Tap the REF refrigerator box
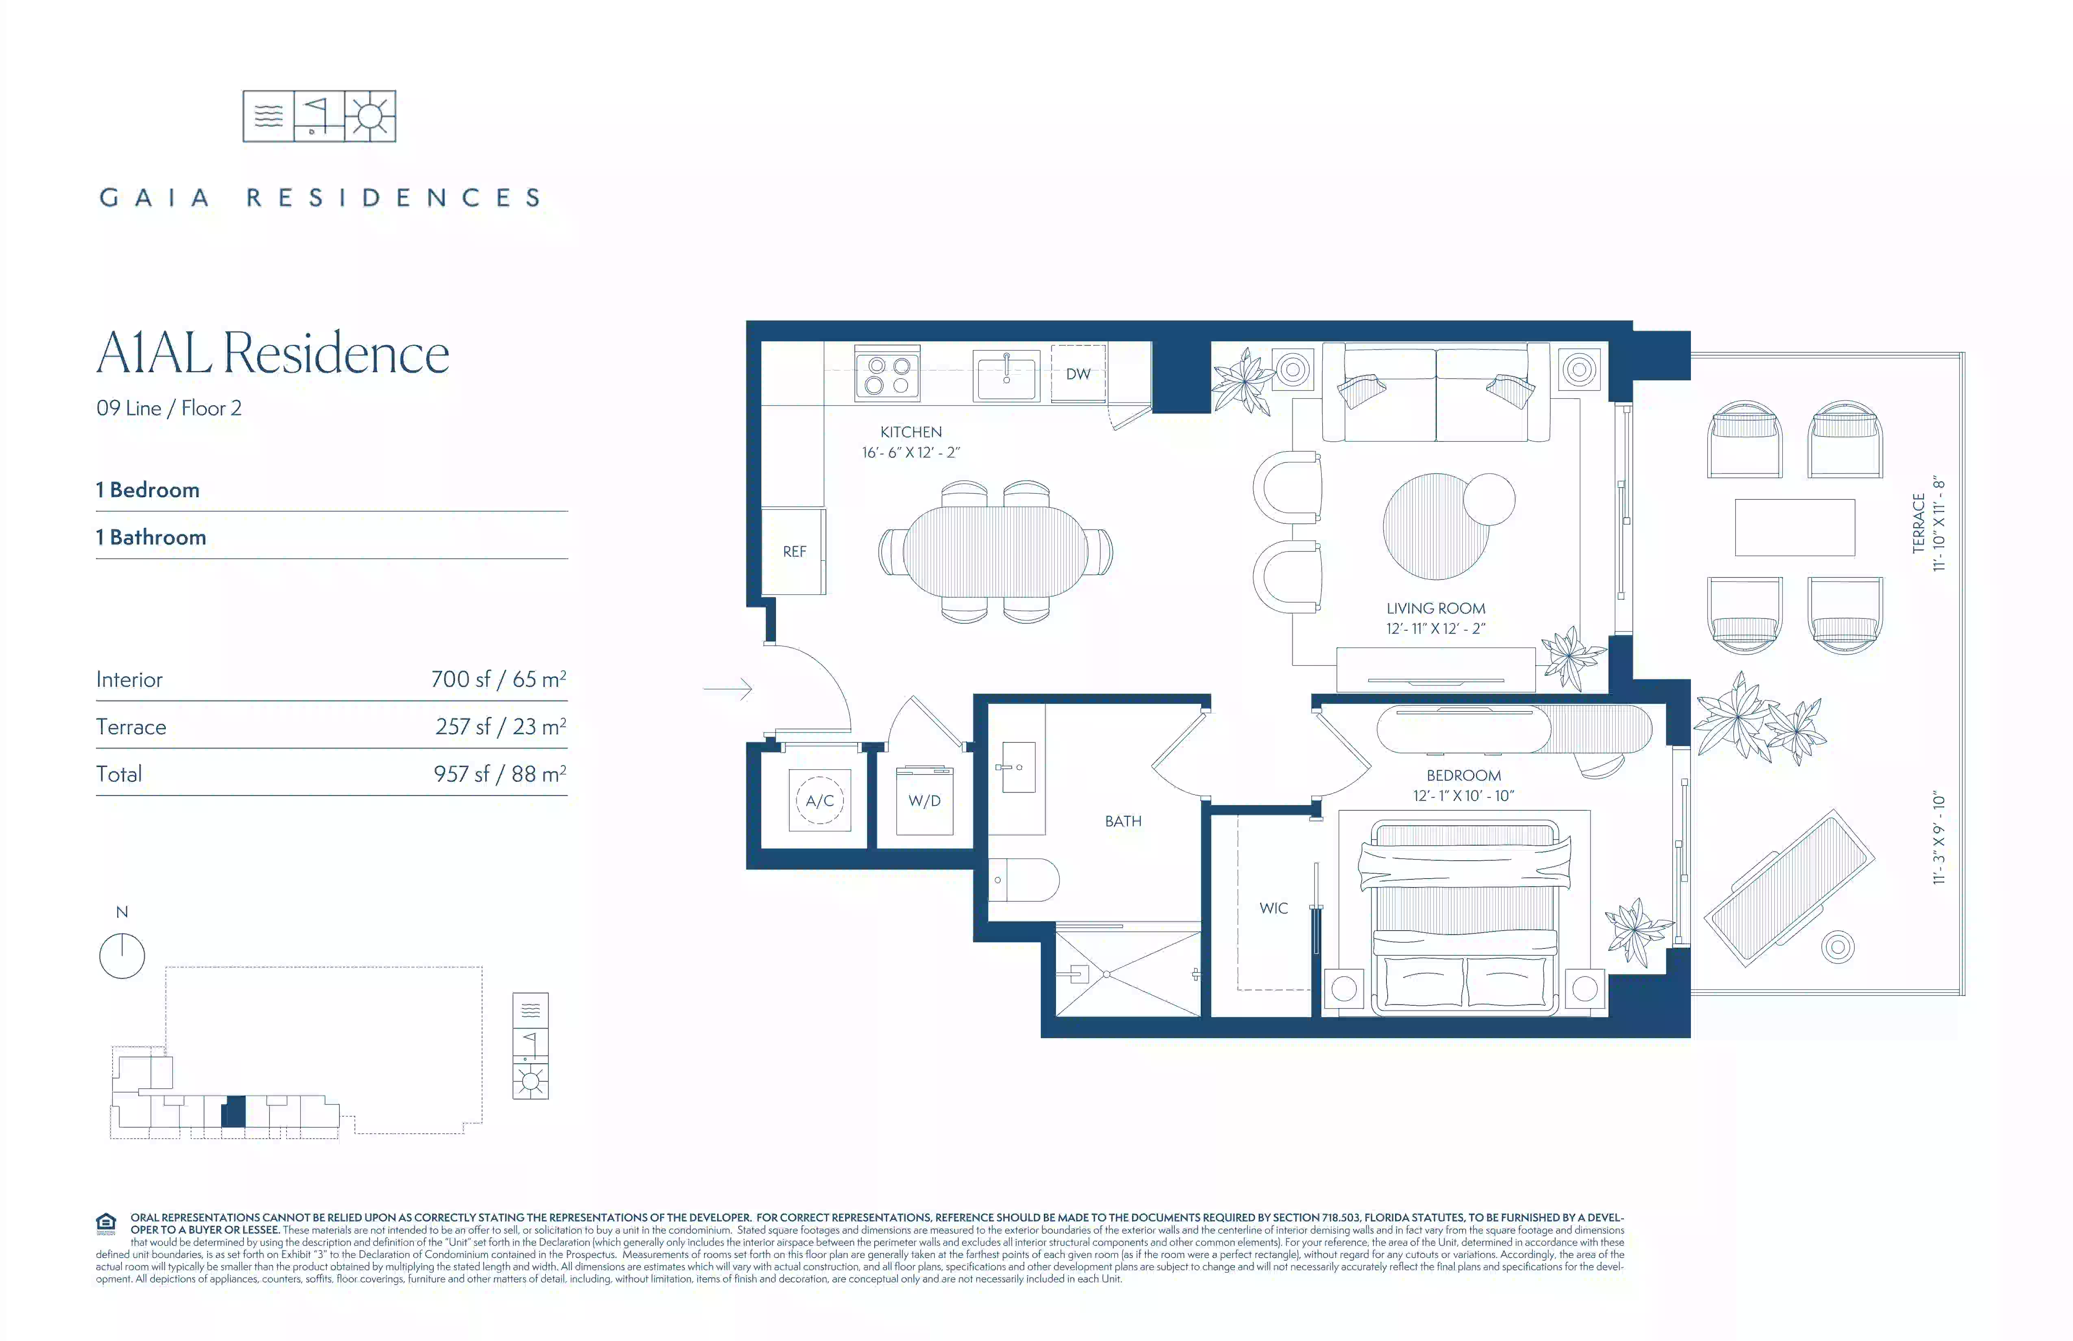[793, 551]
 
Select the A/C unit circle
[819, 800]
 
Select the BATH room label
[1123, 821]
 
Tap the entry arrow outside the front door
[727, 689]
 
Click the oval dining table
[995, 551]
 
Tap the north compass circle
[122, 956]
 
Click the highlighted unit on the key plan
[233, 1112]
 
